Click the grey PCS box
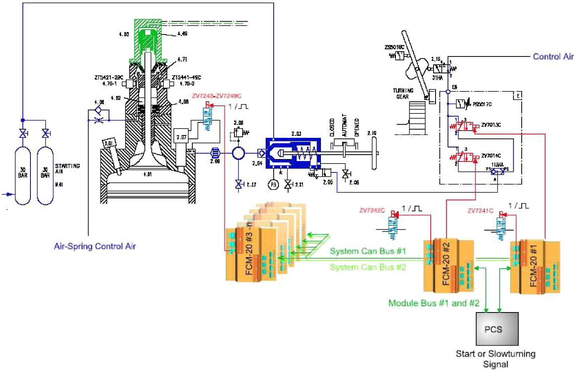496,329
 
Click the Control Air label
553,56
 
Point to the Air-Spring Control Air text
95,246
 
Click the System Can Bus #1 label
368,251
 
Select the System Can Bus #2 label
368,267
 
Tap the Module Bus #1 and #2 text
434,303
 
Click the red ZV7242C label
372,210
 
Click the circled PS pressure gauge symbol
273,185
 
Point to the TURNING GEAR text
403,94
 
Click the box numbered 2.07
181,137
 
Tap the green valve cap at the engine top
147,40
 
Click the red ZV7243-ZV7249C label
217,96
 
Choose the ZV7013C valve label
491,125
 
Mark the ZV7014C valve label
491,156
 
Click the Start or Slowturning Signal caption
495,359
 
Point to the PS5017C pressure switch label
482,105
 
